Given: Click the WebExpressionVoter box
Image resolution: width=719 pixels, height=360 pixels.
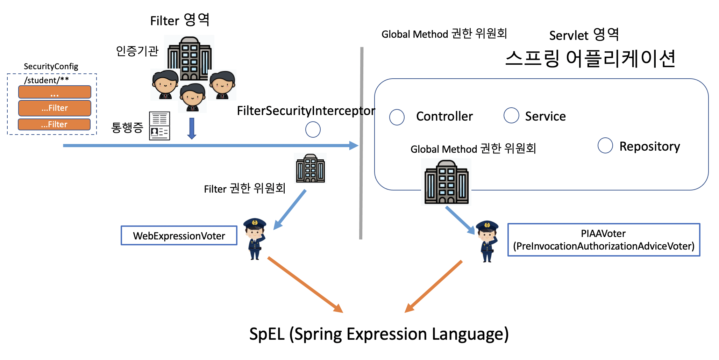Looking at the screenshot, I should coord(179,236).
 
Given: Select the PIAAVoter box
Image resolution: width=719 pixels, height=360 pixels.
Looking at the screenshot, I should coord(604,240).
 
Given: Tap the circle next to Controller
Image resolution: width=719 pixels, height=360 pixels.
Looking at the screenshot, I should coord(397,117).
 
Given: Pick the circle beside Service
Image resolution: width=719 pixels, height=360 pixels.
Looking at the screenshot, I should coord(511,115).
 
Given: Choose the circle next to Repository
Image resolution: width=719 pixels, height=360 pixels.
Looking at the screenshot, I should coord(605,145).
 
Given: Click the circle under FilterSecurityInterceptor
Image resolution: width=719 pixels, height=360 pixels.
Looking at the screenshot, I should coord(313,130).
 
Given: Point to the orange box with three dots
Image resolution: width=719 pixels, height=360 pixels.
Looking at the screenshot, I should coord(55,92).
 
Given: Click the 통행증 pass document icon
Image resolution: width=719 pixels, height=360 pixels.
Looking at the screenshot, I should coord(159,126).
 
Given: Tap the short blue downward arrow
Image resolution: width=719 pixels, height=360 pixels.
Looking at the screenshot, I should coord(192,128).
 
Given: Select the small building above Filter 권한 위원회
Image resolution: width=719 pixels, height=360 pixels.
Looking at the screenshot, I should coord(310,168).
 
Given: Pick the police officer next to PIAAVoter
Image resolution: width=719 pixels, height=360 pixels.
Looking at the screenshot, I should coord(487,241).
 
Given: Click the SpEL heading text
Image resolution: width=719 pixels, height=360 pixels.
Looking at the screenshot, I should coord(379,334).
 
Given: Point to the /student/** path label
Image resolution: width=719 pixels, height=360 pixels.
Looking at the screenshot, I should coord(46,80).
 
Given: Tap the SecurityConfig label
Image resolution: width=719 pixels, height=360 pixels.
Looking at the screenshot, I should coord(51,66).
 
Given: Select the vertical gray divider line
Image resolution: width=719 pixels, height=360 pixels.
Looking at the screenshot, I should coord(361,143).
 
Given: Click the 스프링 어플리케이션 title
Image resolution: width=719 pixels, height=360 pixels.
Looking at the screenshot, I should coord(590,58).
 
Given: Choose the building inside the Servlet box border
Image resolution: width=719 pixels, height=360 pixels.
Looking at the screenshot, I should coord(446,182).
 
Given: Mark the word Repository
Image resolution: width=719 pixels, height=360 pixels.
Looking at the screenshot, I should coord(649,146).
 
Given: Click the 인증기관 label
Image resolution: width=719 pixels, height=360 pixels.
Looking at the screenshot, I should coord(137,51).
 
